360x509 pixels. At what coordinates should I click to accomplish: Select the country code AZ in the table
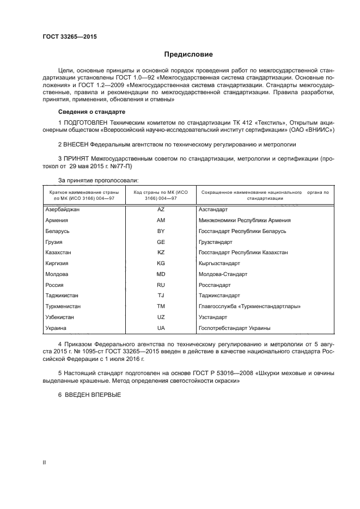pos(161,210)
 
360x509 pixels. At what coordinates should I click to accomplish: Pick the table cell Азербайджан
pos(64,210)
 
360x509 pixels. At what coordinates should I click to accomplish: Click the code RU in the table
pos(161,285)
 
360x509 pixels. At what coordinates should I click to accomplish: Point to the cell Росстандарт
pos(215,285)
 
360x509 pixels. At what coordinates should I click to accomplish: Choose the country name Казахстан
pos(59,253)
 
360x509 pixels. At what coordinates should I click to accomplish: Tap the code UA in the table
pos(161,328)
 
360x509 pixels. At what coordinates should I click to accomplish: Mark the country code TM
pos(161,306)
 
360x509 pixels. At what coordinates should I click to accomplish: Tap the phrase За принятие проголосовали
pos(98,180)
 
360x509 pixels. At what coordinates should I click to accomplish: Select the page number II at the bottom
pos(45,462)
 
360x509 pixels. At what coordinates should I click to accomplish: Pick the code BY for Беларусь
pos(161,231)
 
